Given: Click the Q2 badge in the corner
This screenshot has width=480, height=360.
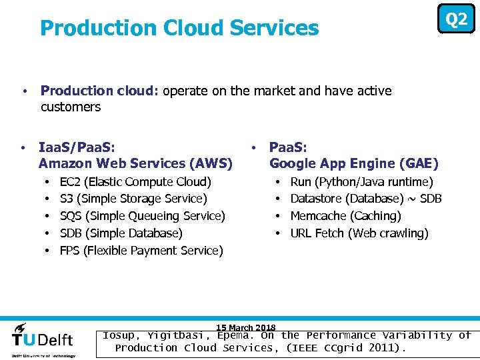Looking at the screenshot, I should coord(456,19).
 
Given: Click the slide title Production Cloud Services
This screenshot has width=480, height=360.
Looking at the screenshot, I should coord(179,28).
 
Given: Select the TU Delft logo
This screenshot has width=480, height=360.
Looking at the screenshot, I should coord(43,339).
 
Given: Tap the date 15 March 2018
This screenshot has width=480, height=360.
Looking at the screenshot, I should coord(246,327).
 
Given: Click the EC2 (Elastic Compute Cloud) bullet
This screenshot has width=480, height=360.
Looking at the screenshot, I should coord(135,181).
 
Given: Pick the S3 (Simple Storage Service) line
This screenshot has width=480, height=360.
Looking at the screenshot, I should coord(133,199).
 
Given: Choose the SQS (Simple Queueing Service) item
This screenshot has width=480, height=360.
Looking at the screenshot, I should coord(143,216).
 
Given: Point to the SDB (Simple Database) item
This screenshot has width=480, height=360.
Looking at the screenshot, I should coord(121,233).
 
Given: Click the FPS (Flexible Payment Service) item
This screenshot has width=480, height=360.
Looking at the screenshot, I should coord(141,251).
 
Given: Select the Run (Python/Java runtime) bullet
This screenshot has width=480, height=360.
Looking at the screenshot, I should coord(361,181).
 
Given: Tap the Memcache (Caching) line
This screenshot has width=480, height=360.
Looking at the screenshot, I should coord(345,216).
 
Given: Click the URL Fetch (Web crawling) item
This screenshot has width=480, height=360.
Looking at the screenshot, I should coord(359,233).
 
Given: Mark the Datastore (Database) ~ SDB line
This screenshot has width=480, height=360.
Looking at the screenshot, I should coord(366,199).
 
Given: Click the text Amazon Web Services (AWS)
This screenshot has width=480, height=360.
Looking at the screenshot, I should coord(135,163).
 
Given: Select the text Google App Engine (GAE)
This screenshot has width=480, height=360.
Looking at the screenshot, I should coord(353,163).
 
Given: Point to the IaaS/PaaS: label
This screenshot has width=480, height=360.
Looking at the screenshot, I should coord(77,147).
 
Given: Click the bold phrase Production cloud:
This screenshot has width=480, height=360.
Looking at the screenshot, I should coord(100,91).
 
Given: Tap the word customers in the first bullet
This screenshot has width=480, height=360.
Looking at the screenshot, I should coord(71,107).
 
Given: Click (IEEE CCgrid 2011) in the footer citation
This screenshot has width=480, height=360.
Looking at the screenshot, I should coord(345,348).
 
